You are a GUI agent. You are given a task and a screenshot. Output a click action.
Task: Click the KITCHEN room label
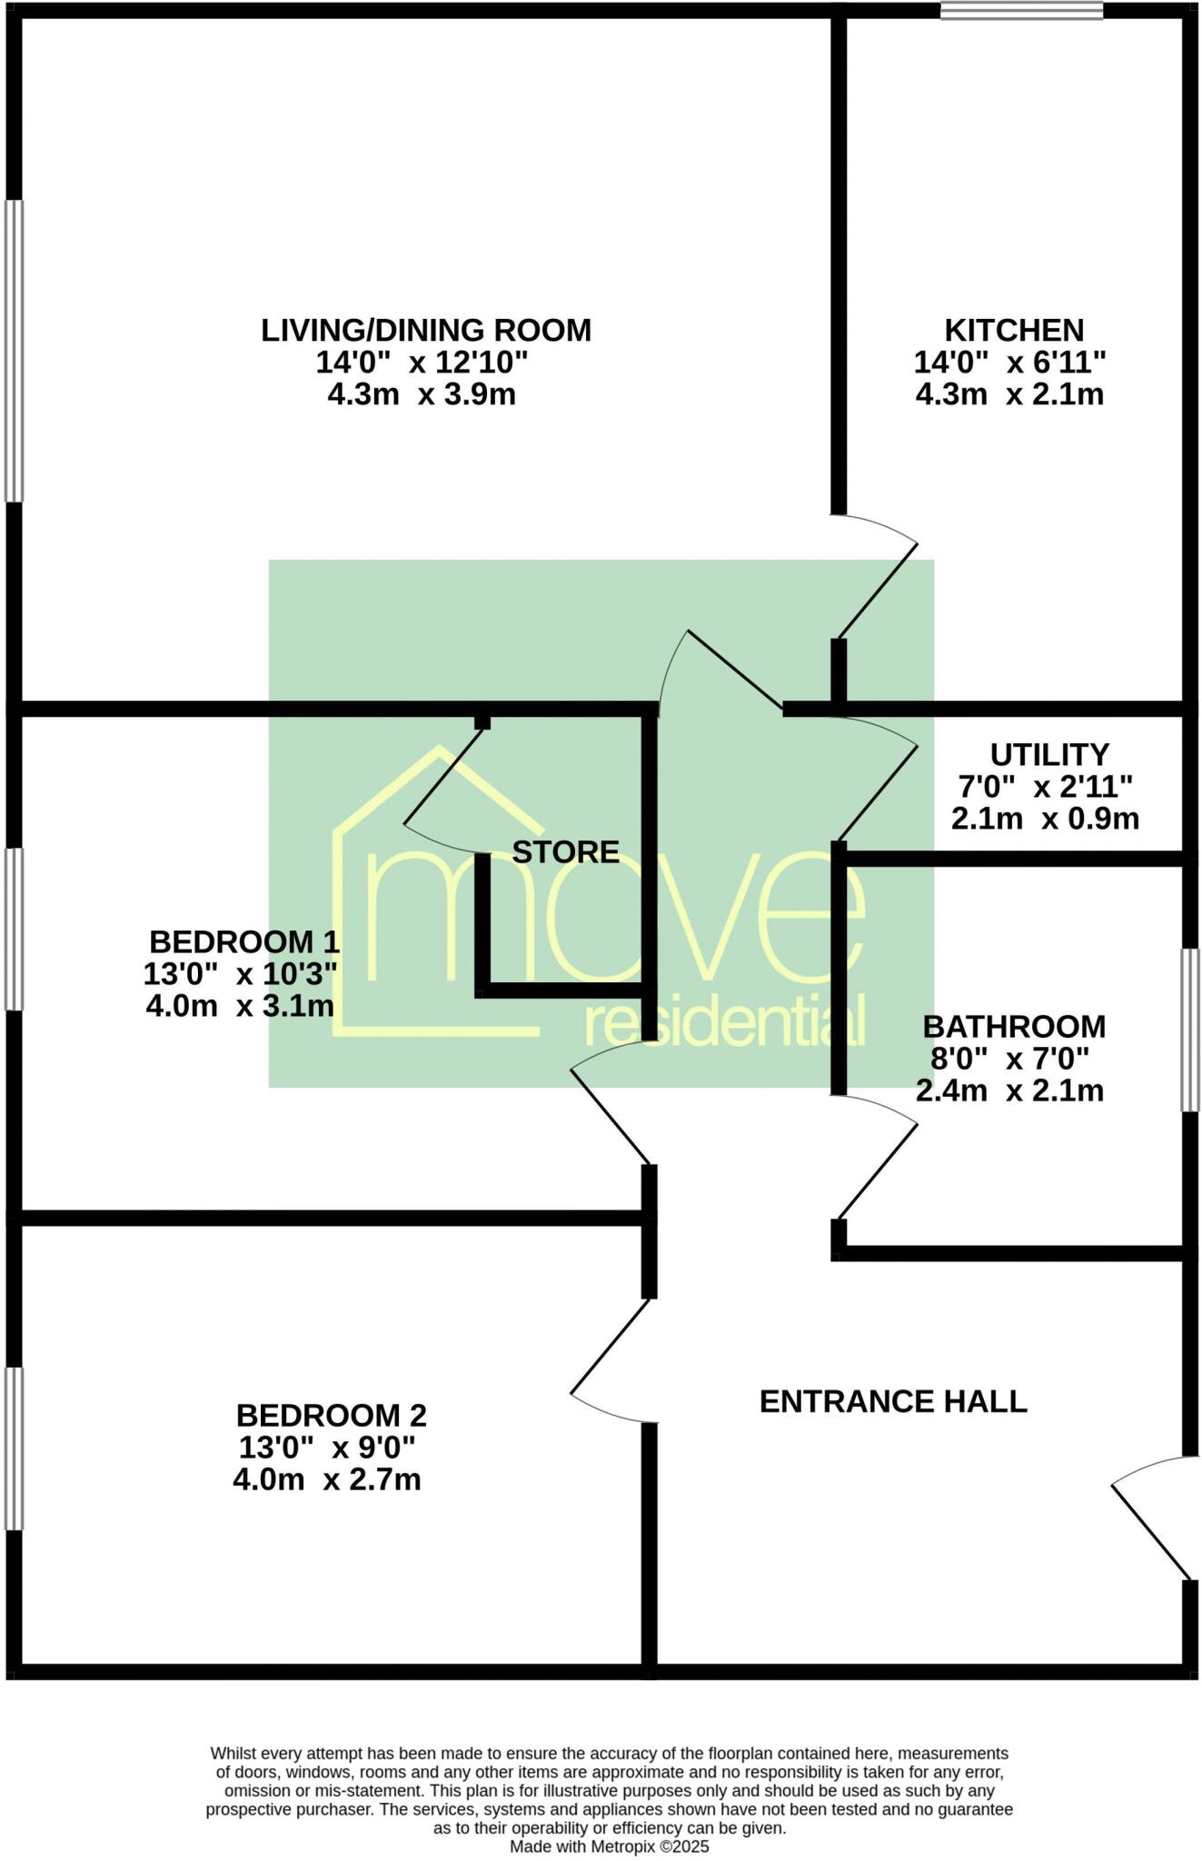tap(1014, 329)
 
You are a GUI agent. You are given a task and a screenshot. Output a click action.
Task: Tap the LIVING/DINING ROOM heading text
tap(426, 330)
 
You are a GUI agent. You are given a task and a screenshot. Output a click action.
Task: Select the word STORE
tap(565, 851)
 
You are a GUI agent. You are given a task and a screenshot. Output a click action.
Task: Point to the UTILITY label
tap(1049, 754)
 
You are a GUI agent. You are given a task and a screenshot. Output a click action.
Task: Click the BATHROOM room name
tap(1014, 1026)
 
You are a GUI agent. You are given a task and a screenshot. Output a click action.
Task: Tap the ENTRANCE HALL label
tap(893, 1401)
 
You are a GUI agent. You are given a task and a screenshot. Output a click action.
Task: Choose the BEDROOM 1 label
tap(244, 940)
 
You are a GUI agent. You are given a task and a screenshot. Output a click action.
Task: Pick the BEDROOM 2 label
tap(331, 1415)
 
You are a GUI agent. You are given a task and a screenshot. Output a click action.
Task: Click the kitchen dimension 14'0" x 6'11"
tap(1009, 363)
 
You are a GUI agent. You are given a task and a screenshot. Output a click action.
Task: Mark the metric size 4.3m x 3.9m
tap(422, 394)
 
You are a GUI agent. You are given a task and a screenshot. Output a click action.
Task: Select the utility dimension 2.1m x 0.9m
tap(1045, 819)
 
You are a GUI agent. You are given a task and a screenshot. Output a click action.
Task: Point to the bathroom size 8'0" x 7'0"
tap(1009, 1059)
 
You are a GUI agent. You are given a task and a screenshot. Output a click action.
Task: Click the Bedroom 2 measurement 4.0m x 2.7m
tap(327, 1479)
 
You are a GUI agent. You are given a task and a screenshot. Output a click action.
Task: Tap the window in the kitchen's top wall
tap(1021, 11)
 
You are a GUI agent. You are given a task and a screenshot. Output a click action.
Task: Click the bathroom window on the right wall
tap(1189, 1030)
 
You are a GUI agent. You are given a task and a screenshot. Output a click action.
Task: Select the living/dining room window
tap(13, 350)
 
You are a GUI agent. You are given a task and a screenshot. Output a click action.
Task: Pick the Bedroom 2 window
tap(13, 1448)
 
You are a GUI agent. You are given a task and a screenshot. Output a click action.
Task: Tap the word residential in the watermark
tap(723, 1024)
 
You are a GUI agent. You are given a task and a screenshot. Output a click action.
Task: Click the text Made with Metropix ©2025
tap(609, 1846)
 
